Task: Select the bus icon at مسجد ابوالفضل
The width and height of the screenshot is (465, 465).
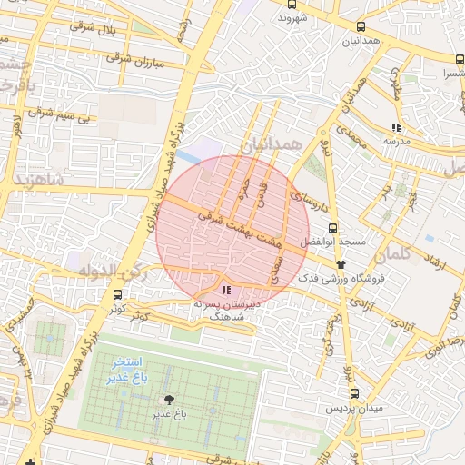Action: click(333, 229)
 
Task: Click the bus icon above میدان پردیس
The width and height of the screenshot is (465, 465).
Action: click(354, 393)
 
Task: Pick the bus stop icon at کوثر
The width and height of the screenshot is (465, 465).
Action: click(117, 294)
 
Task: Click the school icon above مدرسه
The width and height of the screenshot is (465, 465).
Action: click(396, 127)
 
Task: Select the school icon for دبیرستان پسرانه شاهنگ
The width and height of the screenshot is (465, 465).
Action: click(226, 290)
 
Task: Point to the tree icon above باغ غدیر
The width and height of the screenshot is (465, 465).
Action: click(168, 399)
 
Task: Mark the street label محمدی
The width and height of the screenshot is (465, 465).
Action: click(349, 139)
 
